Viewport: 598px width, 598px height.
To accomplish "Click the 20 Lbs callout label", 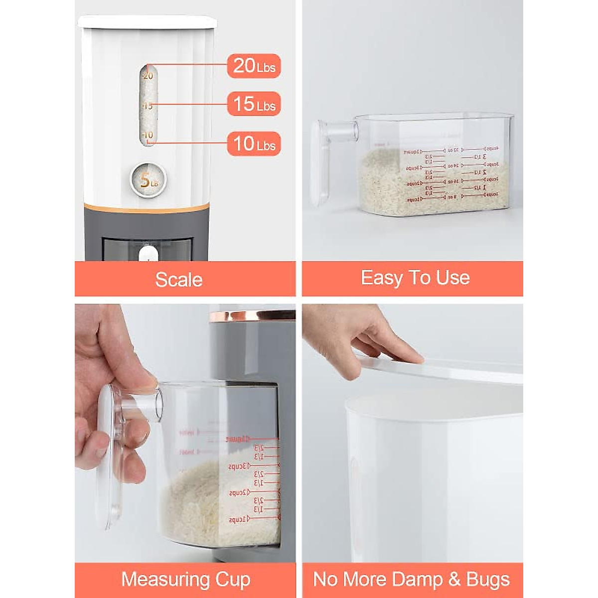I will click(254, 66).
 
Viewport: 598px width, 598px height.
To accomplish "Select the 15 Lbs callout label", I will click(254, 105).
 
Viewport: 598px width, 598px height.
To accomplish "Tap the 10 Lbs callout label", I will click(254, 144).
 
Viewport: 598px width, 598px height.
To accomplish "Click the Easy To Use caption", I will click(415, 278).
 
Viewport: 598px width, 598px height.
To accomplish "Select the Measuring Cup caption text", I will click(185, 580).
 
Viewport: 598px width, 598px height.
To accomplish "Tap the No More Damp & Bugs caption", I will click(412, 580).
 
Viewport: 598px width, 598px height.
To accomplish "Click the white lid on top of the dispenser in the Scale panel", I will click(148, 21).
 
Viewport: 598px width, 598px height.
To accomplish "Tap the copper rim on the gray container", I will click(252, 315).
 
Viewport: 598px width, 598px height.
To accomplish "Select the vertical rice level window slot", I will click(148, 105).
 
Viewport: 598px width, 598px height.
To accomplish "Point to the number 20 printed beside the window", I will click(148, 76).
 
